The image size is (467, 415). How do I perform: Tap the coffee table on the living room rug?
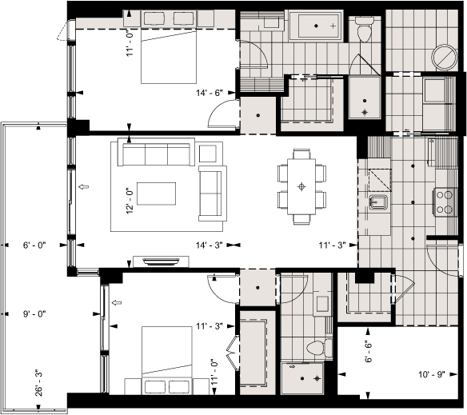(157, 194)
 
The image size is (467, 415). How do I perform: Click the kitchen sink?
(378, 203)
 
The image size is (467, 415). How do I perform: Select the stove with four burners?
(444, 201)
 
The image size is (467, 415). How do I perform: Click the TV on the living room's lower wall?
(162, 261)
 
